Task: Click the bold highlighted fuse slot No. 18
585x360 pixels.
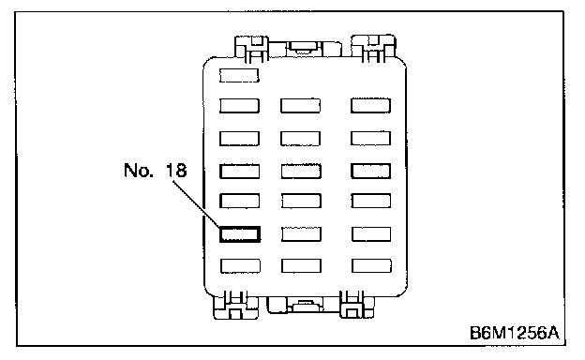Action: click(239, 234)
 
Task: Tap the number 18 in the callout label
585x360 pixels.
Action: click(176, 170)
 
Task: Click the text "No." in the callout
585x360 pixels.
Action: click(139, 170)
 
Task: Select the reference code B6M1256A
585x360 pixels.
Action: click(515, 333)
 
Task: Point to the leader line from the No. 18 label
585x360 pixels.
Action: click(196, 203)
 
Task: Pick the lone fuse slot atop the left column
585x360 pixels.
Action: click(239, 75)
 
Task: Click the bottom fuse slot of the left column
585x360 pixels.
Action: click(240, 266)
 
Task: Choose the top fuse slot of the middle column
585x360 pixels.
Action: click(300, 106)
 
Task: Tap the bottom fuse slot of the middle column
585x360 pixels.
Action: click(301, 266)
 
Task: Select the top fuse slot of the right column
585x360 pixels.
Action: click(370, 105)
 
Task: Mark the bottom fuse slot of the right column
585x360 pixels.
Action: click(371, 265)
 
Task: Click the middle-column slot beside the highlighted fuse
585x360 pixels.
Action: click(301, 234)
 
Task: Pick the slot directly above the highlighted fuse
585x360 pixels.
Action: click(239, 201)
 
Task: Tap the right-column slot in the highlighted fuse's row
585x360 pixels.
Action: click(371, 234)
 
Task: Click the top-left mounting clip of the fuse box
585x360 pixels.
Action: click(251, 49)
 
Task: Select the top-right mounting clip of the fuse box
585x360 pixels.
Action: click(373, 48)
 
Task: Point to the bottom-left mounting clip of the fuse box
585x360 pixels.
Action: click(236, 305)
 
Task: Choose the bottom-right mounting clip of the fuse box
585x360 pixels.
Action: click(356, 305)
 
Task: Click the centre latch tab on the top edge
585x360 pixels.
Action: click(303, 48)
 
